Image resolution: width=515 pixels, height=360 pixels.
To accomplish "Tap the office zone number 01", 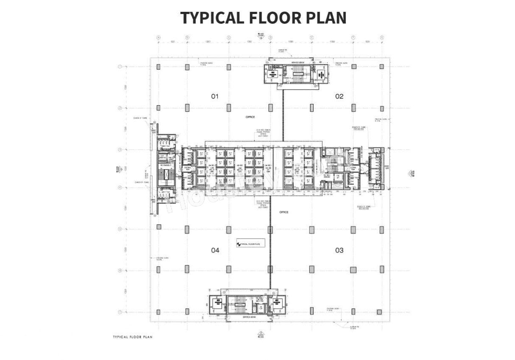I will pos(215,96).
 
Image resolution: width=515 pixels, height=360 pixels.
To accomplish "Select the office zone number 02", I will pos(339,96).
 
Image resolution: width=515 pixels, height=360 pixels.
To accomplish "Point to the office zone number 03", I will pos(339,250).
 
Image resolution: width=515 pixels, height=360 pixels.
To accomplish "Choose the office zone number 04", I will pos(215,250).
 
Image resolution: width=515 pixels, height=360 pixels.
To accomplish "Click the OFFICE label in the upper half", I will pos(250,117).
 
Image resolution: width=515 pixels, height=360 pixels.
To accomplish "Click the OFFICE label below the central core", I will pos(284,212).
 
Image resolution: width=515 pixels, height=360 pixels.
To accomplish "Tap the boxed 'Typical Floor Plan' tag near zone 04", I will pos(251,243).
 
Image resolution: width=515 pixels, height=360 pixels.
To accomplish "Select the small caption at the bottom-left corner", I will pos(132,337).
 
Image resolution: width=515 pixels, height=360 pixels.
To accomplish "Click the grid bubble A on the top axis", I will pos(159,37).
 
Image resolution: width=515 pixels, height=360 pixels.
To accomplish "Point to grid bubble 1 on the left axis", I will pos(120,67).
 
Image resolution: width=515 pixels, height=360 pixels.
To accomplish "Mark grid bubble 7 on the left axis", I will pos(120,312).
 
